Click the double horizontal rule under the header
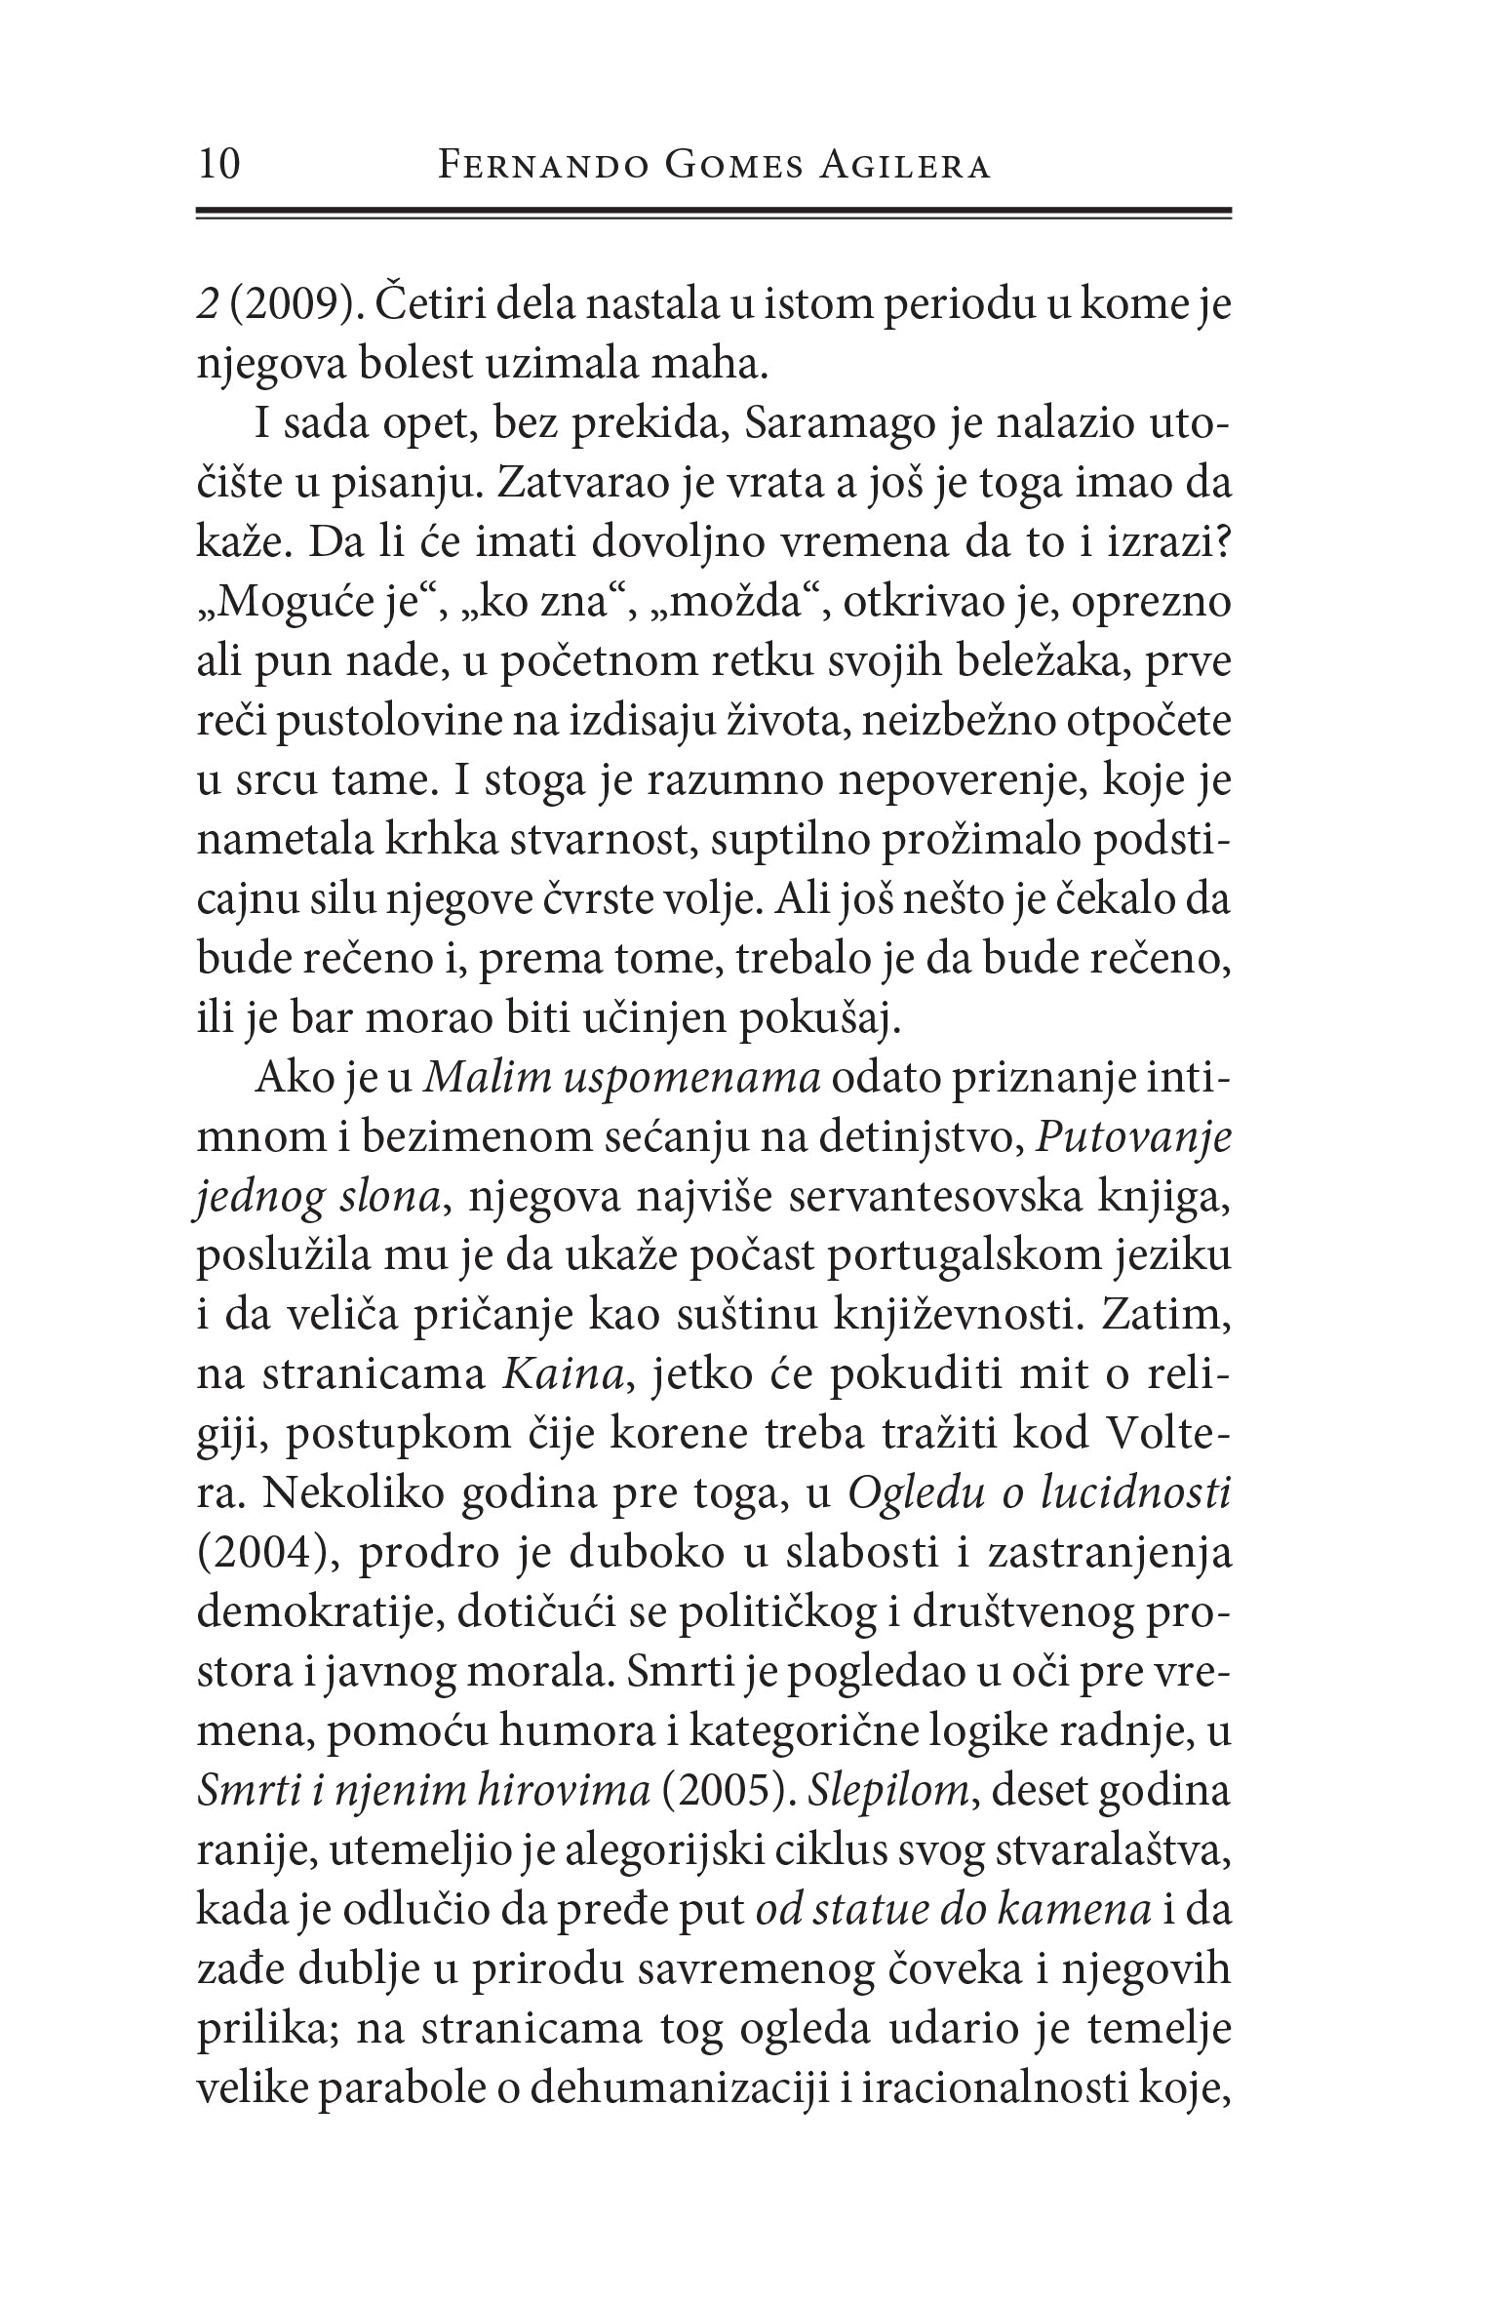coord(714,214)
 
